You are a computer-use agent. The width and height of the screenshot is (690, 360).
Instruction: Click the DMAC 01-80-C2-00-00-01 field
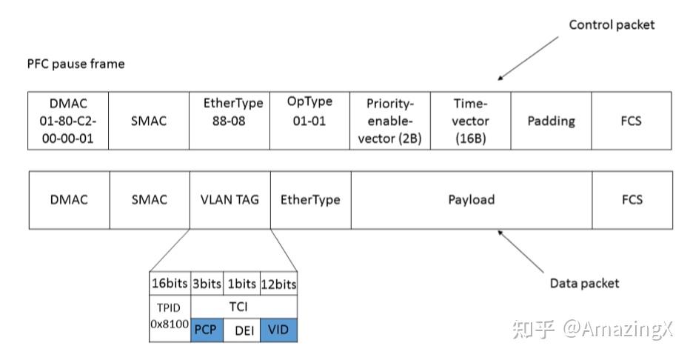68,121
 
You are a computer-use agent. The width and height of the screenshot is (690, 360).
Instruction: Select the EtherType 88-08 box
230,121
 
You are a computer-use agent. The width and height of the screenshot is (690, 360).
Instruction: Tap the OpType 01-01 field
310,121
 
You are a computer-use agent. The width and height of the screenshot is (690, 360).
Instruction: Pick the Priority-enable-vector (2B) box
390,121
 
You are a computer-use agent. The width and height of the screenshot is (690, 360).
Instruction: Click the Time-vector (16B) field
471,121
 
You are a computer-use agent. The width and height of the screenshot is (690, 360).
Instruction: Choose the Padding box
551,121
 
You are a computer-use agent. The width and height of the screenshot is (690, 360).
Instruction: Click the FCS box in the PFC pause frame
632,121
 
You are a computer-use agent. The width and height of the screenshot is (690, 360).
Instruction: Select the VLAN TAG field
230,200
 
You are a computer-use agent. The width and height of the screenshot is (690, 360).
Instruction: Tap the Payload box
471,200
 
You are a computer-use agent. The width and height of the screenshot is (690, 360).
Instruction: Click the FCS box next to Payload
632,200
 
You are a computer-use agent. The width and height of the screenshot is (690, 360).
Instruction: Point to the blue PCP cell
207,330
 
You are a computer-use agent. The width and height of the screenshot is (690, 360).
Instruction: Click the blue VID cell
279,330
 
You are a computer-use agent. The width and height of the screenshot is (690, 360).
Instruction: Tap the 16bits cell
170,284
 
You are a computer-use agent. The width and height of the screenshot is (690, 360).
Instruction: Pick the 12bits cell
279,284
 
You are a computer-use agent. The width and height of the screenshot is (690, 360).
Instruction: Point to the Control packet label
612,25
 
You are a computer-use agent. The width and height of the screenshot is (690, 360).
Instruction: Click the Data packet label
584,283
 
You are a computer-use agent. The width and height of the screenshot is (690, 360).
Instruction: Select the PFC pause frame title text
76,64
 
